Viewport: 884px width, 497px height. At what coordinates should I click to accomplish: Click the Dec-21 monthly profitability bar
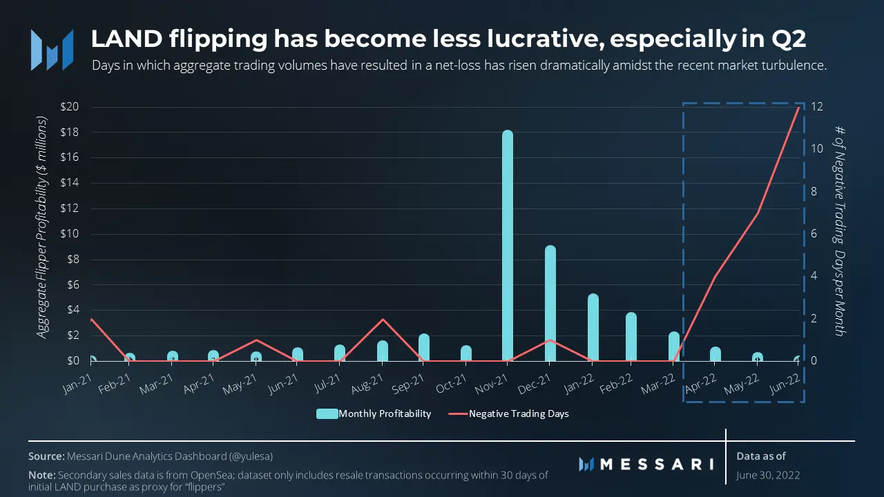click(x=550, y=304)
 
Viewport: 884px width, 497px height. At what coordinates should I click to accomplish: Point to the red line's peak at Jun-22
click(x=800, y=107)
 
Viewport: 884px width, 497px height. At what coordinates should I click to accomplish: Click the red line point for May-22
click(x=758, y=213)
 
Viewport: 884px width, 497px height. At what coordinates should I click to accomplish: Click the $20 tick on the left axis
click(x=70, y=107)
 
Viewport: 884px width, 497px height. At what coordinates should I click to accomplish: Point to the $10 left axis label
click(x=70, y=234)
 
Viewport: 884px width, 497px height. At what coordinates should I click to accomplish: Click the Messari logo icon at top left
click(x=52, y=50)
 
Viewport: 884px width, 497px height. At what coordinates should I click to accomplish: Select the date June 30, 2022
click(x=769, y=475)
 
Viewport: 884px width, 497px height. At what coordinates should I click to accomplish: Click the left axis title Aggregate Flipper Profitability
click(x=42, y=228)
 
